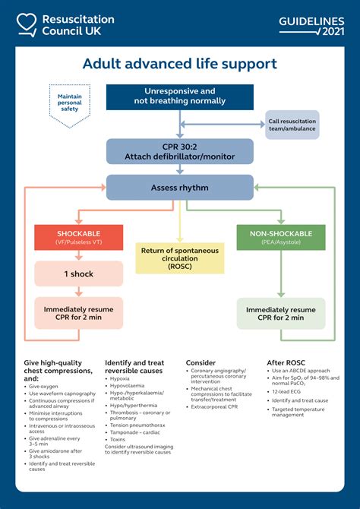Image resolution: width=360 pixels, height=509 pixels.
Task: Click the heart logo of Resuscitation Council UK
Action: [x=27, y=24]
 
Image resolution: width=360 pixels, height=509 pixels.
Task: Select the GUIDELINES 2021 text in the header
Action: [x=311, y=25]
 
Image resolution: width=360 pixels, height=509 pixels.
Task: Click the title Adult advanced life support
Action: [x=179, y=65]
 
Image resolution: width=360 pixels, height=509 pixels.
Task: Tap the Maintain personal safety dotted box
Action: [x=69, y=103]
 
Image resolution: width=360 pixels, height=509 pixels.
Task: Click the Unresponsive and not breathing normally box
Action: [x=179, y=96]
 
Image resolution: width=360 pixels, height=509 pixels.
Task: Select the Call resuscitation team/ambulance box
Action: [x=292, y=125]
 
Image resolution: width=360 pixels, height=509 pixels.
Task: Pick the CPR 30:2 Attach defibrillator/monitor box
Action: [x=179, y=151]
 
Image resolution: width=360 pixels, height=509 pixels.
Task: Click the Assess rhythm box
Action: [x=179, y=188]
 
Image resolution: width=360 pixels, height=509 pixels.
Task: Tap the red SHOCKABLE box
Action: [x=78, y=238]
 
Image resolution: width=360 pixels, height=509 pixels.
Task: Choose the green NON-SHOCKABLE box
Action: [x=280, y=238]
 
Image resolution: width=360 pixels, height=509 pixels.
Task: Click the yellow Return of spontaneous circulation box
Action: [x=179, y=258]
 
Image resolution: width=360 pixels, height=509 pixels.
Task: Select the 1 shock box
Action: [x=78, y=273]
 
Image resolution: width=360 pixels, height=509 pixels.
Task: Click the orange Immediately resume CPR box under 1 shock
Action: [x=78, y=313]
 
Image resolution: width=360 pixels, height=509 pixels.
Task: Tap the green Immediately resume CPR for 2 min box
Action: [x=280, y=313]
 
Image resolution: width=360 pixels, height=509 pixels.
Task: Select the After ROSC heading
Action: [x=286, y=362]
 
